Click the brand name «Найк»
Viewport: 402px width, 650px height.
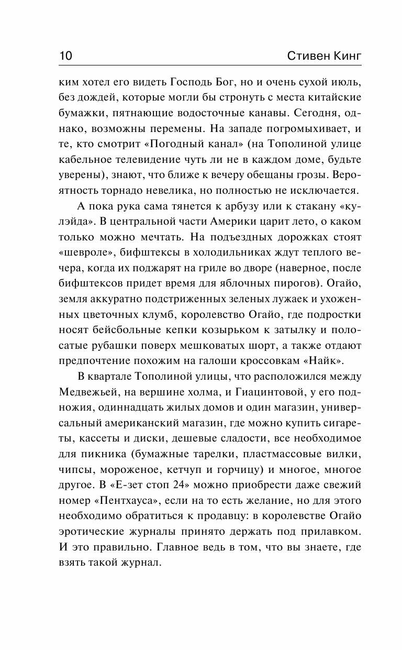pyautogui.click(x=329, y=361)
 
